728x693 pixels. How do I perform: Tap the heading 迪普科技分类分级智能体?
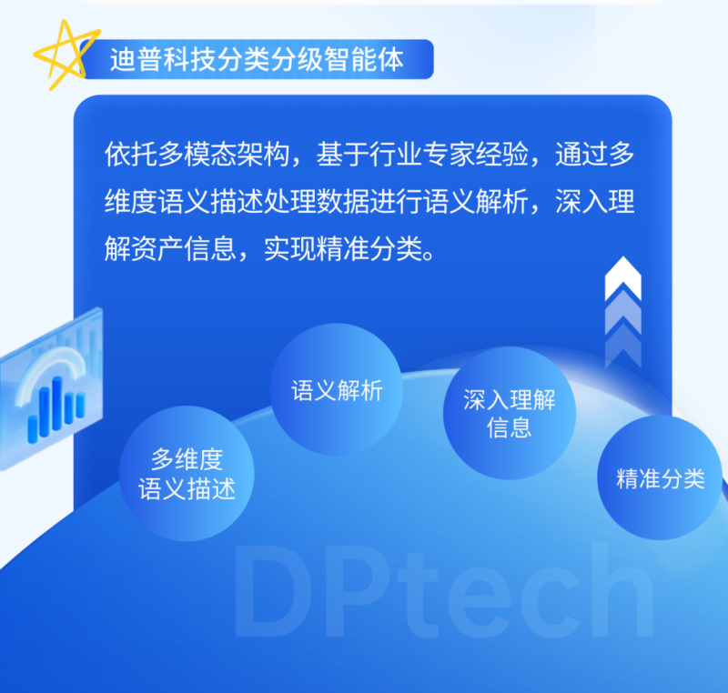coord(257,59)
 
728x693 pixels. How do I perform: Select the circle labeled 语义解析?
coord(336,389)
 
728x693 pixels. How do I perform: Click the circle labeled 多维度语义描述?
coord(187,473)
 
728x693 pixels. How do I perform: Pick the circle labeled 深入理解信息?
coord(510,413)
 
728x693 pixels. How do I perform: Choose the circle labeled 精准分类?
coord(660,477)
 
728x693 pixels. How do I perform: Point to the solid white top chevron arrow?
coord(623,277)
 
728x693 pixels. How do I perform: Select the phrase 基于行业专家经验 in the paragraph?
coord(422,154)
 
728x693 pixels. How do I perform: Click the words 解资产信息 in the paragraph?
coord(170,248)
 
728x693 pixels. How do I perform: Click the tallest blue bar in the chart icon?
coord(57,404)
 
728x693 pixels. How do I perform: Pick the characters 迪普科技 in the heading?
coord(163,59)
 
